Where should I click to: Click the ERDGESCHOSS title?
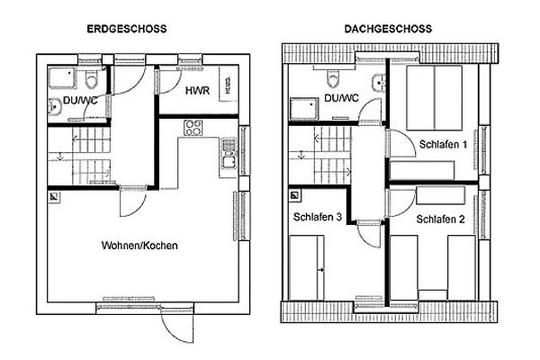tap(126, 29)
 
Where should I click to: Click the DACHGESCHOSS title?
tap(388, 29)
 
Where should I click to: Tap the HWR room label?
tap(197, 92)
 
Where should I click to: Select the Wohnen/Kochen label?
tap(139, 245)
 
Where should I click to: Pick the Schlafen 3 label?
tap(317, 217)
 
